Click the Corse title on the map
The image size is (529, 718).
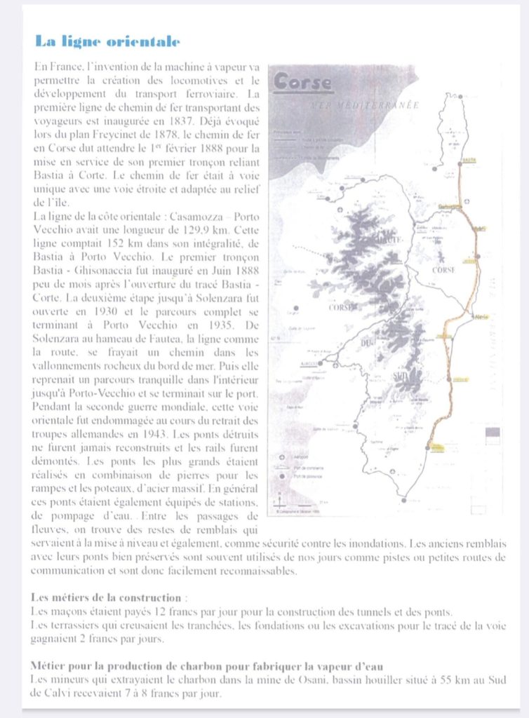[302, 82]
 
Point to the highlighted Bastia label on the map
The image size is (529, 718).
[470, 161]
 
